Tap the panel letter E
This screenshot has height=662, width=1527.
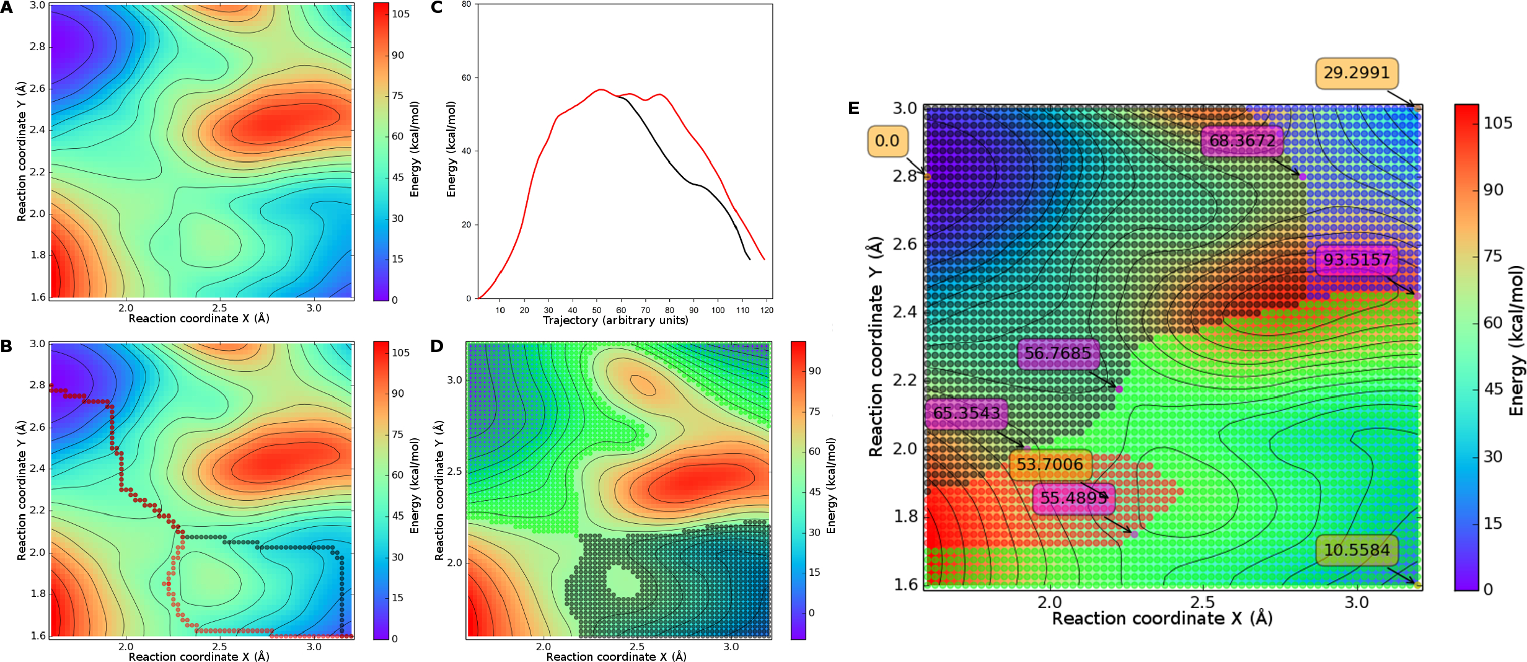coord(853,108)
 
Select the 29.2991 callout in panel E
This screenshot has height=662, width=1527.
coord(1357,73)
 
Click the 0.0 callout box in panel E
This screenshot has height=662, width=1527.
coord(887,141)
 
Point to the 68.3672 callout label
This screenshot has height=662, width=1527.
coord(1242,141)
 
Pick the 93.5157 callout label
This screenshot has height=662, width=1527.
coord(1357,260)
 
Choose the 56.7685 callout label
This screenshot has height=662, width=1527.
coord(1057,353)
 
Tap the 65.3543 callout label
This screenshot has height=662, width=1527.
coord(966,413)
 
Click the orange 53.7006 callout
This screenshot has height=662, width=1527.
coord(1050,464)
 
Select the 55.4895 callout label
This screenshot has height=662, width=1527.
coord(1073,498)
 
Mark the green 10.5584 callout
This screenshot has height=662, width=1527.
coord(1357,550)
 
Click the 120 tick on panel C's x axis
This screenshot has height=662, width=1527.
coord(767,310)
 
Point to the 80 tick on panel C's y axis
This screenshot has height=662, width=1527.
coord(466,4)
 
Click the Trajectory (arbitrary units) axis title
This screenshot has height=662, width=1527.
coord(615,320)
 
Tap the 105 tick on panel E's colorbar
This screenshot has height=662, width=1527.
coord(1498,123)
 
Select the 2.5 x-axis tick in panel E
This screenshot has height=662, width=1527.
coord(1202,602)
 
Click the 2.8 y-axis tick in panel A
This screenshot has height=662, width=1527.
coord(38,46)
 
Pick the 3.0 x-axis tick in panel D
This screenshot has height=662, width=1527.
coord(731,647)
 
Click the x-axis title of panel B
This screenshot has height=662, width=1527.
coord(198,656)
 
